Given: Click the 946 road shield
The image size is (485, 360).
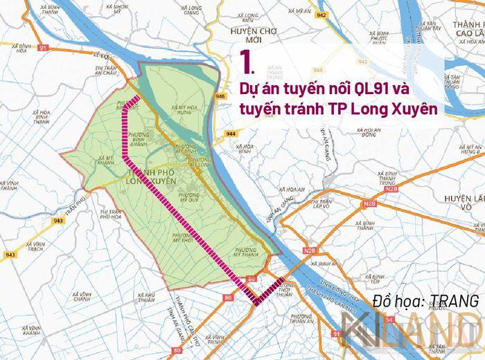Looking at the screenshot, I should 221,96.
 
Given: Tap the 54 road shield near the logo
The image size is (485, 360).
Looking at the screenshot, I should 389,320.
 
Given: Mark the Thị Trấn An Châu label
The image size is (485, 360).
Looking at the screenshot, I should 107,71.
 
